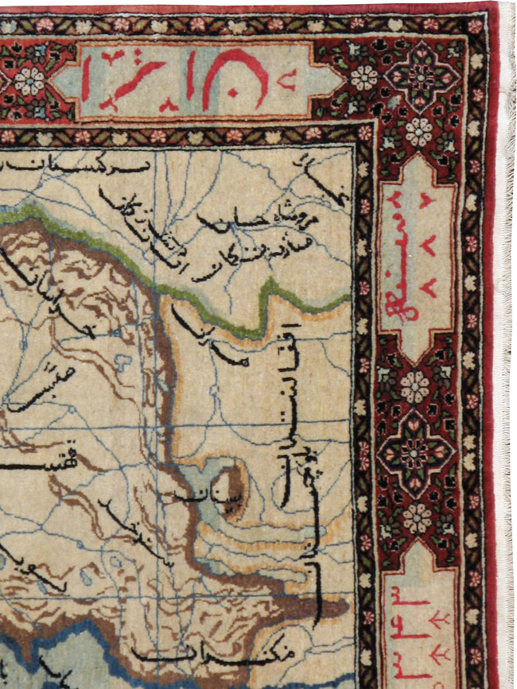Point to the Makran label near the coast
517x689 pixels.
215,656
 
